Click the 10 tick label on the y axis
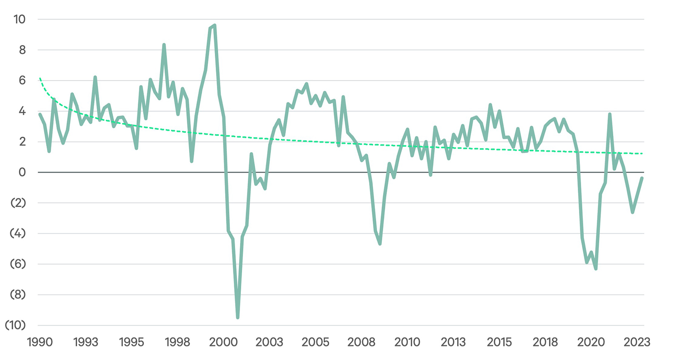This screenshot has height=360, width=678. pos(19,19)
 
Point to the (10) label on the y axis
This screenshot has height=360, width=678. pos(15,325)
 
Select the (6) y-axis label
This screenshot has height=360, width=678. pos(18,264)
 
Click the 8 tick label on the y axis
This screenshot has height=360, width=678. pos(22,50)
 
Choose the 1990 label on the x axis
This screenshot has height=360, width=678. pos(40,342)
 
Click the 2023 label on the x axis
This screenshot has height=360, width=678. pos(637,342)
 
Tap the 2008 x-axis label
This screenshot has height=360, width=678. pos(361,342)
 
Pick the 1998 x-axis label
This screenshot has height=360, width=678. pos(177,342)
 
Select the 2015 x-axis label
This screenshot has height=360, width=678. pos(499,342)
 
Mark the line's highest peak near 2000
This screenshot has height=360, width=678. pos(215,26)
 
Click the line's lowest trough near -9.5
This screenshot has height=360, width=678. pos(238,318)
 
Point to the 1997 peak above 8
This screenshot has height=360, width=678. pos(164,45)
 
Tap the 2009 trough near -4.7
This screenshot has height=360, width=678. pos(380,244)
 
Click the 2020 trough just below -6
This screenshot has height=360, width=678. pos(596,269)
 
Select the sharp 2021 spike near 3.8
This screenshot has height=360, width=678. pos(610,114)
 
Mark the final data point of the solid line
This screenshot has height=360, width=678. pos(642,178)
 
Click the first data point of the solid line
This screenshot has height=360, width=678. pos(40,114)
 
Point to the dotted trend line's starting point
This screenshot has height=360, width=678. pos(40,78)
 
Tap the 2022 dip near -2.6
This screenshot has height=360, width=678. pos(633,212)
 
